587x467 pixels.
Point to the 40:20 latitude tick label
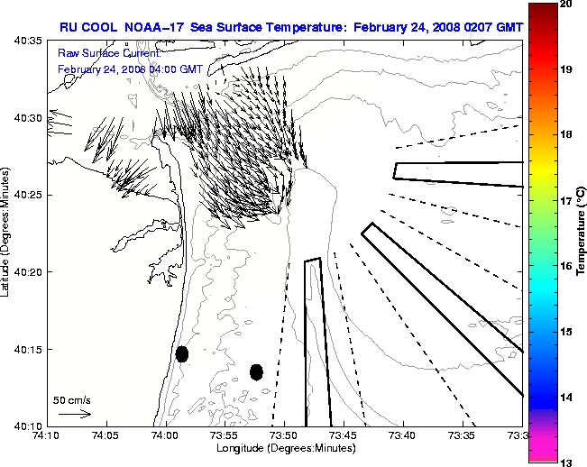click(x=31, y=272)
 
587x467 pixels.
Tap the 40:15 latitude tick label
click(x=31, y=349)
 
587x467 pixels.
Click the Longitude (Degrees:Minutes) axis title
click(x=283, y=448)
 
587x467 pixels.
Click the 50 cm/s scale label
click(x=71, y=398)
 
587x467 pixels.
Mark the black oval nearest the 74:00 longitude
click(x=182, y=353)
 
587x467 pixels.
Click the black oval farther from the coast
click(x=256, y=371)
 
